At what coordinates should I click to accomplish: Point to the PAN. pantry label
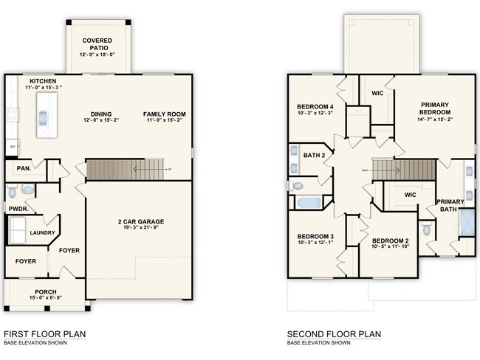(22, 169)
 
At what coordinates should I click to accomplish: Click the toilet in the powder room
(26, 190)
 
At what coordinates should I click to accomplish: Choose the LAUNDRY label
(43, 233)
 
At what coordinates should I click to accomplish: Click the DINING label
(100, 114)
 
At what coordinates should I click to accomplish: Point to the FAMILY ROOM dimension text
(165, 121)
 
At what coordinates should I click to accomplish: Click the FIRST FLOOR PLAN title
(44, 334)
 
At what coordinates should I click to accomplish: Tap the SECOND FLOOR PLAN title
(334, 334)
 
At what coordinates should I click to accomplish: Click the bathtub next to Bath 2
(309, 201)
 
